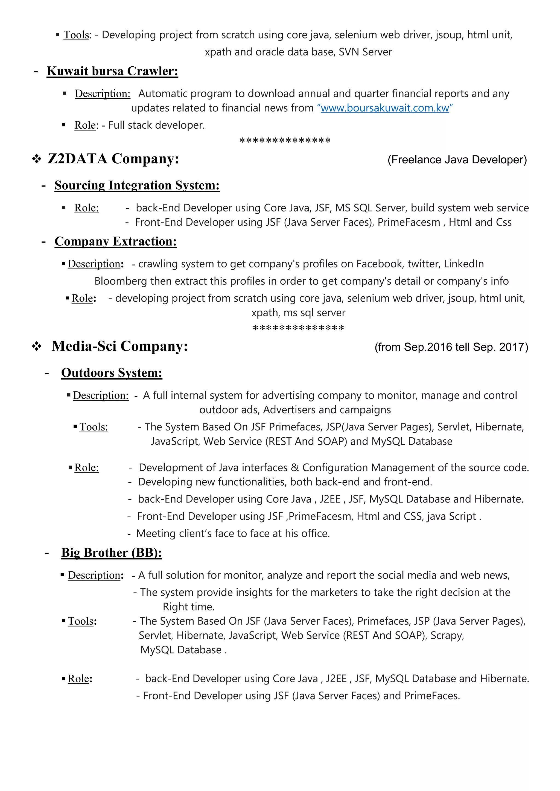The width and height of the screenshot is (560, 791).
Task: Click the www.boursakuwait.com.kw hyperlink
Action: click(x=384, y=108)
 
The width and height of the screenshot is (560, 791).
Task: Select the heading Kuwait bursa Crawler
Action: click(x=112, y=71)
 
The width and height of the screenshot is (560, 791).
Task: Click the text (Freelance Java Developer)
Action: click(x=457, y=160)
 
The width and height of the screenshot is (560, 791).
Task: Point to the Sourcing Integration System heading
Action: click(x=137, y=185)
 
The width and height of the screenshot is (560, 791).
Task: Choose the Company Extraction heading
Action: click(x=115, y=241)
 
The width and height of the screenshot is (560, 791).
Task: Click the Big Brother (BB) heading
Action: click(x=111, y=553)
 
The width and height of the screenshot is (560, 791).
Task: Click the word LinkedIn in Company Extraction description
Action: click(x=463, y=264)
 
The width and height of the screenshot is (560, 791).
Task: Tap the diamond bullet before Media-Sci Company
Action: click(x=37, y=347)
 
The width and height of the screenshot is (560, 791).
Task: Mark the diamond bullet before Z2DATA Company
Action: click(x=37, y=159)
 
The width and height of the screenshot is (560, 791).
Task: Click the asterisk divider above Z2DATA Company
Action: click(x=285, y=141)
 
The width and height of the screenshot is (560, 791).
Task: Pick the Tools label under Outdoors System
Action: click(x=94, y=427)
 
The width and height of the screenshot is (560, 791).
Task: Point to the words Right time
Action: click(x=188, y=607)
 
